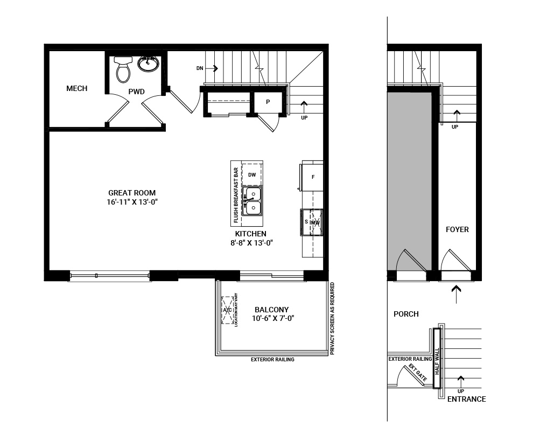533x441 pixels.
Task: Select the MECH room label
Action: [x=76, y=89]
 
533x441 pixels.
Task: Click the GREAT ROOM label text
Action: [x=132, y=193]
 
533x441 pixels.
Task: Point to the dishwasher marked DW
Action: [x=252, y=174]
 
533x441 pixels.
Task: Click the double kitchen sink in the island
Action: [x=252, y=200]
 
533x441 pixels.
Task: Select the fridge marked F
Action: [x=313, y=177]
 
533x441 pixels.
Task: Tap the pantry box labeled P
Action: [x=268, y=102]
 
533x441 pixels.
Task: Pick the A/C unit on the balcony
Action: [x=227, y=310]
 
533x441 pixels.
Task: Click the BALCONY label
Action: [x=271, y=310]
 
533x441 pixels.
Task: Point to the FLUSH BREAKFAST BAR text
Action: [x=236, y=195]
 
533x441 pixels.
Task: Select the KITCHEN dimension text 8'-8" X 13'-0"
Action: [x=250, y=243]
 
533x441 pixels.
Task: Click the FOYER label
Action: [x=457, y=229]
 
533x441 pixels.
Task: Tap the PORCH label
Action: [x=406, y=314]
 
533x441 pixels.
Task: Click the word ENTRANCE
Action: [x=466, y=399]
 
